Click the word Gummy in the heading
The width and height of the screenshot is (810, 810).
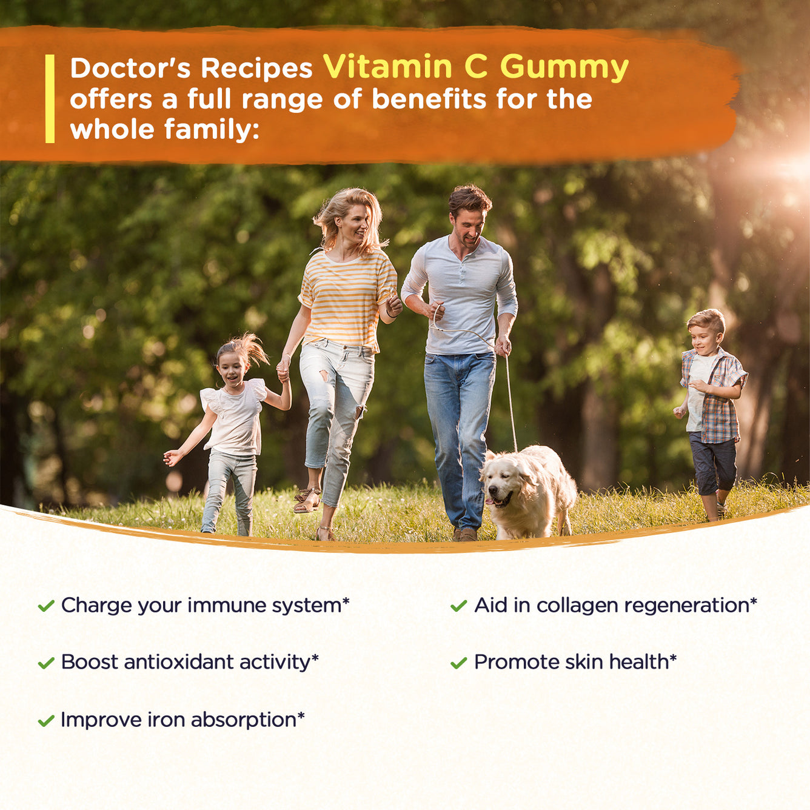pos(564,68)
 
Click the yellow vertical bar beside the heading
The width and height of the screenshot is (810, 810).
pos(50,99)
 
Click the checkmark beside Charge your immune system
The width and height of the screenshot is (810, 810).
pos(46,606)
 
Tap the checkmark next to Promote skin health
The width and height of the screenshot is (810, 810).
pos(458,663)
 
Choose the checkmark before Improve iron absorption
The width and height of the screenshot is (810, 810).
pos(46,720)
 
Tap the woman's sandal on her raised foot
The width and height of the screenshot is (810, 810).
pos(307,500)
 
